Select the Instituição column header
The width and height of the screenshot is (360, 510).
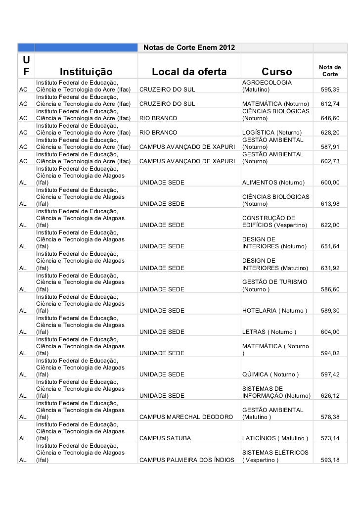pos(86,72)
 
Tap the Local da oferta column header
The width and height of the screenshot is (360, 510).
pos(189,72)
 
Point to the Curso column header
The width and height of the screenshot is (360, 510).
pos(277,72)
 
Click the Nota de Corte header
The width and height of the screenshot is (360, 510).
pos(330,70)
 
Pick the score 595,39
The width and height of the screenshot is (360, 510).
pos(330,90)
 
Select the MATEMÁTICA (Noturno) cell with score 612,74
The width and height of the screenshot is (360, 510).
pos(275,104)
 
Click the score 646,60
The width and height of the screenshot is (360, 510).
pos(330,118)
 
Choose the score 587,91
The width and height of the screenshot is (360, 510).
pos(330,147)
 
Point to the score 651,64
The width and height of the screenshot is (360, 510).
pos(330,246)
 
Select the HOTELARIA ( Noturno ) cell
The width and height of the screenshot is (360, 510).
pos(274,311)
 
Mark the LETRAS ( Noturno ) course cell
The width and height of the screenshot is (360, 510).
pos(269,332)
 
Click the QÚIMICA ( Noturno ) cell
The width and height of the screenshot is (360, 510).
pos(270,374)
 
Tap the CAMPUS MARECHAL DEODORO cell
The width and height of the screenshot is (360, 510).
pos(186,417)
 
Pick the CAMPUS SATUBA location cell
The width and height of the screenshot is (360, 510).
pos(165,438)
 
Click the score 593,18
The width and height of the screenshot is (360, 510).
pos(330,460)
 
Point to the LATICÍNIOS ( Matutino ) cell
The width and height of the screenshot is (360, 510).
pos(275,438)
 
